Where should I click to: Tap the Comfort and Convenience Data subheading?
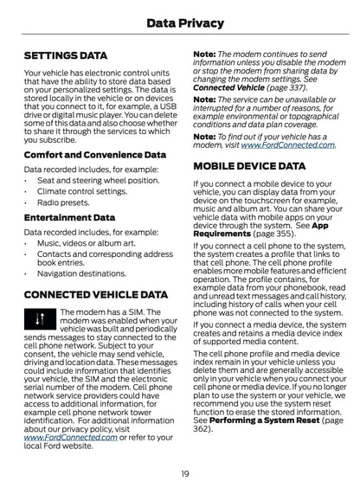pyautogui.click(x=95, y=154)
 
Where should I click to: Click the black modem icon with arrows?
pyautogui.click(x=37, y=323)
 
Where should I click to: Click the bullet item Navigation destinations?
pyautogui.click(x=81, y=272)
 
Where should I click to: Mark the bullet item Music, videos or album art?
pyautogui.click(x=82, y=243)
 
